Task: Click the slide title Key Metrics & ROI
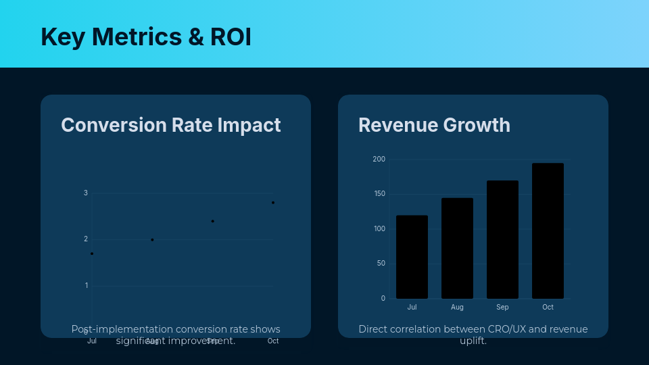click(x=146, y=36)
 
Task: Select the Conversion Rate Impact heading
click(x=170, y=125)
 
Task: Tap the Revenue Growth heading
click(x=434, y=125)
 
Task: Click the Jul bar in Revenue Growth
click(x=412, y=257)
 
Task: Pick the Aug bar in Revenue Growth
click(x=457, y=248)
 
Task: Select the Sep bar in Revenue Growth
click(x=502, y=239)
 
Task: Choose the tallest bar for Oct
click(x=548, y=230)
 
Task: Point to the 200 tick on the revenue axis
click(x=379, y=160)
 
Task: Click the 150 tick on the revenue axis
click(x=379, y=194)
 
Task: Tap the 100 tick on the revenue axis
click(x=379, y=229)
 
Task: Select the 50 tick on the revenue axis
click(x=381, y=264)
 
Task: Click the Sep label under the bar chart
click(x=502, y=308)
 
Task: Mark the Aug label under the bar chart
click(x=457, y=308)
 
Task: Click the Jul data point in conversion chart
click(x=92, y=253)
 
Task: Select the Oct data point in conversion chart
click(x=273, y=203)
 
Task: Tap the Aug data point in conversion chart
click(x=152, y=239)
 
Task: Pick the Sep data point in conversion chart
click(x=212, y=221)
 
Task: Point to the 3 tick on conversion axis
click(x=86, y=193)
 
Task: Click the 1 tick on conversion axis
click(x=86, y=286)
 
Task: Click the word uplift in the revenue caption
click(x=473, y=341)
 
